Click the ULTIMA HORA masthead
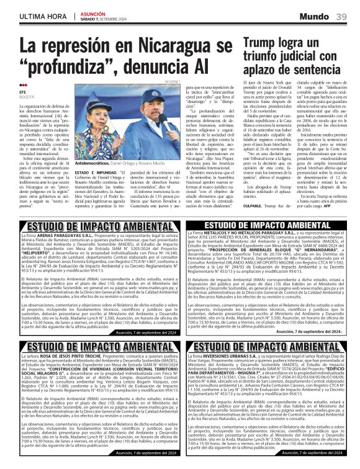tap(39, 15)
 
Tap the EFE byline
tap(23, 91)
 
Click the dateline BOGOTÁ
tap(27, 96)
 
